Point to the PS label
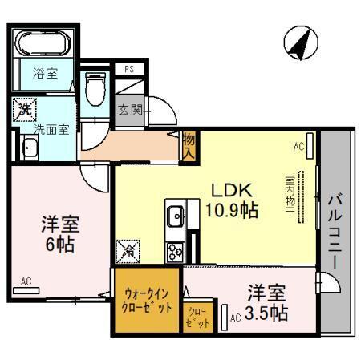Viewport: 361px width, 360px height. point(128,70)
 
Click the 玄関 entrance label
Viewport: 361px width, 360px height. point(130,110)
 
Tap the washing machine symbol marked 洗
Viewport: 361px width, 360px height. point(25,108)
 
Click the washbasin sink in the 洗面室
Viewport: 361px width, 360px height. point(30,147)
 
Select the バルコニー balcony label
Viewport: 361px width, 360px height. point(336,231)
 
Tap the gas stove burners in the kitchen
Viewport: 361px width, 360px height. point(175,250)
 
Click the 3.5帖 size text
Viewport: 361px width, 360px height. point(267,313)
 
